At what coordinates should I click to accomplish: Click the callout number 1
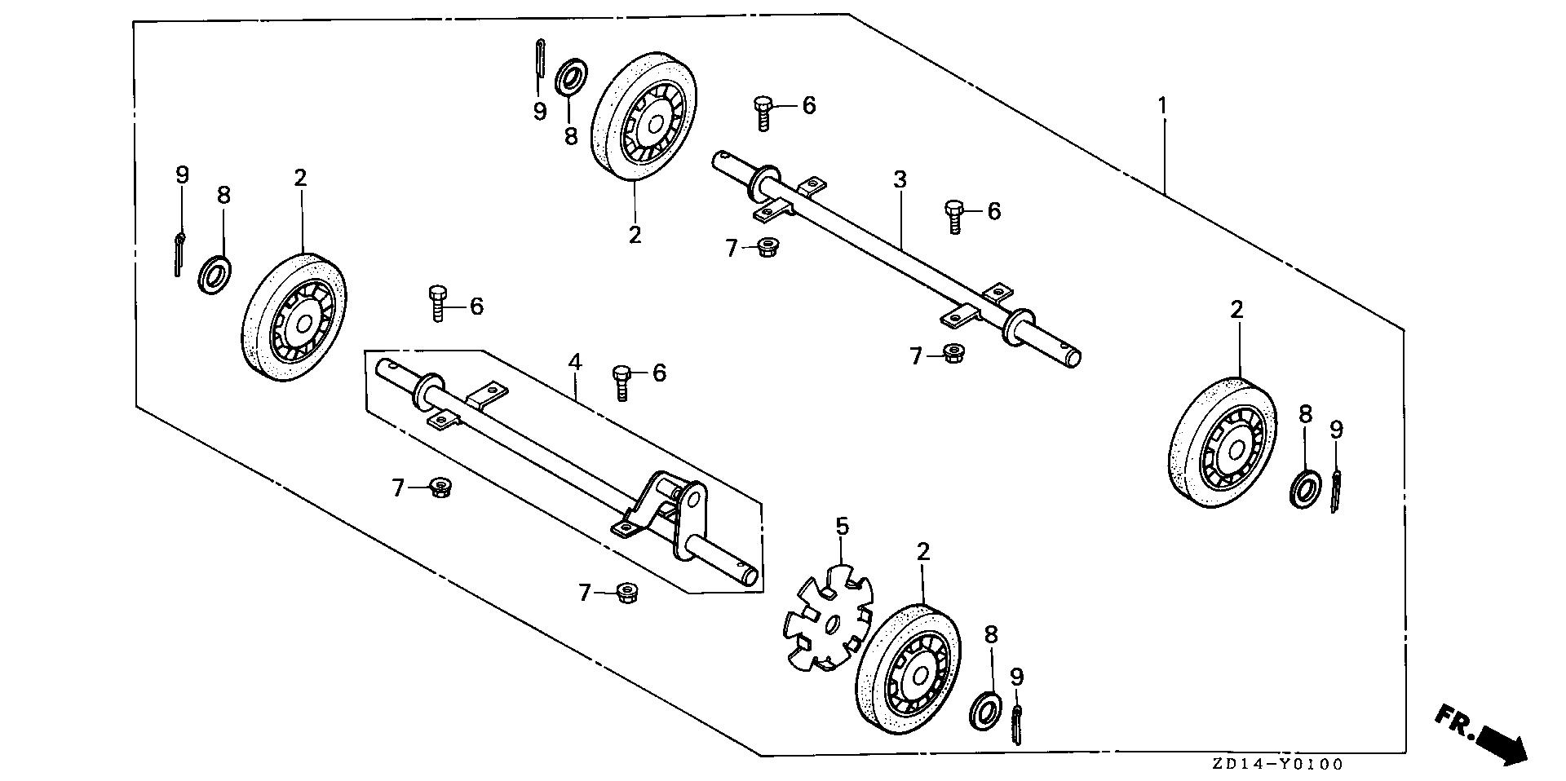click(1163, 106)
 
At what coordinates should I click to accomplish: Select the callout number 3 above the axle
click(900, 179)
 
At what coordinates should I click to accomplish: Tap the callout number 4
click(575, 361)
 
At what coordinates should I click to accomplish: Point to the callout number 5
click(842, 526)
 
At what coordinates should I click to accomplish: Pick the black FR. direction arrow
click(1492, 737)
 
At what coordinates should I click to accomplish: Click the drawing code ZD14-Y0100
click(1276, 765)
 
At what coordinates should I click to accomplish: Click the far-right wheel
click(1222, 443)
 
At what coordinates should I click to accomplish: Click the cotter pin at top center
click(540, 58)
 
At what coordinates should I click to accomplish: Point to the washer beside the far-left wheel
click(214, 274)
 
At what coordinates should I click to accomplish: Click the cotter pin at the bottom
click(1016, 723)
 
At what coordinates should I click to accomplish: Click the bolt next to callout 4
click(622, 381)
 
